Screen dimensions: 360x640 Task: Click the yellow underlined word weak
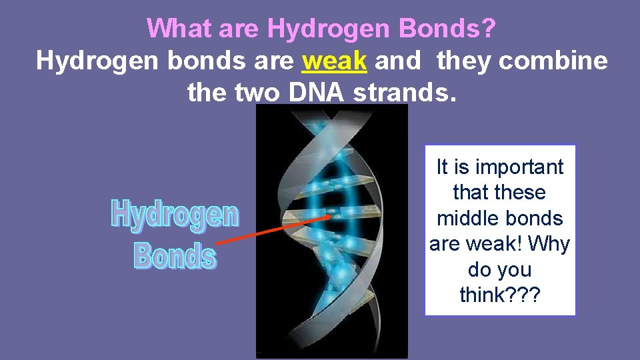tap(335, 61)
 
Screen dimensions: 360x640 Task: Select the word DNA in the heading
tap(316, 93)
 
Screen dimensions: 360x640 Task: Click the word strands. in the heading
tap(405, 93)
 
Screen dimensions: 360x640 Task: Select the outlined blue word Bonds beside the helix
tap(175, 255)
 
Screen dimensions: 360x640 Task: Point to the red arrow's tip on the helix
tap(331, 215)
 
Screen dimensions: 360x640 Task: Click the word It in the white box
tap(442, 167)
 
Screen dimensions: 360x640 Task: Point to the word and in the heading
tap(398, 61)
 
